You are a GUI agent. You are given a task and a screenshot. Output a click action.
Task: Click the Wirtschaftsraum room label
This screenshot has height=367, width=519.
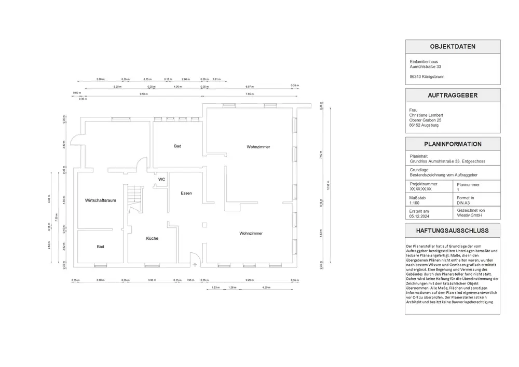click(100, 200)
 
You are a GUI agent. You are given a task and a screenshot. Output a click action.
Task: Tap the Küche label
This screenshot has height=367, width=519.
click(152, 238)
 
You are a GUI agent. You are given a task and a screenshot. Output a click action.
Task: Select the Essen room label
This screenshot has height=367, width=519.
click(186, 193)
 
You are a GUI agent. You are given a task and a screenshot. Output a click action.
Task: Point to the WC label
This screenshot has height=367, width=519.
click(162, 179)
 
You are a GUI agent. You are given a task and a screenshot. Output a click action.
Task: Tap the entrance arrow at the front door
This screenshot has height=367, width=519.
click(195, 264)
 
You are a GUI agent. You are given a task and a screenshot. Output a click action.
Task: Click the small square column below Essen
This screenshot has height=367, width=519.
click(204, 224)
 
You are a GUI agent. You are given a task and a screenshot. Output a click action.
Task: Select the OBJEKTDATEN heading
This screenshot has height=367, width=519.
click(453, 47)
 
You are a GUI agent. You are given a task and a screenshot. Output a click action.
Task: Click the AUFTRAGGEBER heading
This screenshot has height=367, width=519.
click(453, 96)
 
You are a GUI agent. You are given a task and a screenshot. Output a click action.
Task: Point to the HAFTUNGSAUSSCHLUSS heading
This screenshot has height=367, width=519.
click(453, 230)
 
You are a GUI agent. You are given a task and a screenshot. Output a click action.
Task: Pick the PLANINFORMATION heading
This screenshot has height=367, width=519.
click(453, 144)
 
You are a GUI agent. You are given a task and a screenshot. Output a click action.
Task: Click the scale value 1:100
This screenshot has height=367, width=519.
click(415, 203)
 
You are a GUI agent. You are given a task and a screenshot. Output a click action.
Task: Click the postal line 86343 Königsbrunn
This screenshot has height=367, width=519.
click(427, 76)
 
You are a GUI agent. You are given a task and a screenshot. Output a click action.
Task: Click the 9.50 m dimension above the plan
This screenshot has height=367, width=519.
click(143, 94)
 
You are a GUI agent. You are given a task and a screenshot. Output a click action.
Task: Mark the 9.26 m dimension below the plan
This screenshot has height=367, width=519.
click(249, 280)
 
